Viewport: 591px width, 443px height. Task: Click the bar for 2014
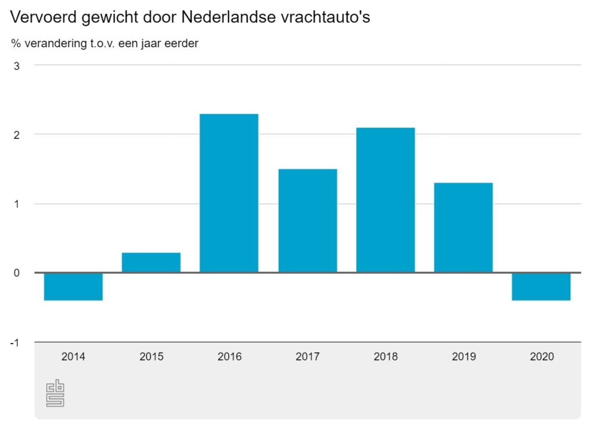pos(73,286)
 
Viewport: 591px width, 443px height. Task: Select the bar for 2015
pos(151,262)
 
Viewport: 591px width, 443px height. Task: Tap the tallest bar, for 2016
pos(229,193)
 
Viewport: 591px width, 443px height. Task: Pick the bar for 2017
pos(307,220)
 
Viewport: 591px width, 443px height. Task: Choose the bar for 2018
pos(386,200)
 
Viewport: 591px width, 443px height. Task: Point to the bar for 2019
pos(463,227)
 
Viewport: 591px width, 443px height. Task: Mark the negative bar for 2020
pos(541,286)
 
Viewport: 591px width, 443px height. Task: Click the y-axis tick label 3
pos(17,66)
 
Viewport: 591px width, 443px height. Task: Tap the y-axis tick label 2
pos(17,135)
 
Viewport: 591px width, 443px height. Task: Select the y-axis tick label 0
pos(17,273)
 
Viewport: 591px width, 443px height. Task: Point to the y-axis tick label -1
pos(14,343)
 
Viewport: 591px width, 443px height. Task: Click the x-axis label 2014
pos(73,356)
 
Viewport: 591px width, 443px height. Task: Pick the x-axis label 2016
pos(229,356)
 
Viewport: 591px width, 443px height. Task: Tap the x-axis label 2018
pos(386,356)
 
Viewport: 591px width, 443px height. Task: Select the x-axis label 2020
pos(541,356)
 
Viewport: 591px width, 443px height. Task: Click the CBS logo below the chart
pos(55,393)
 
